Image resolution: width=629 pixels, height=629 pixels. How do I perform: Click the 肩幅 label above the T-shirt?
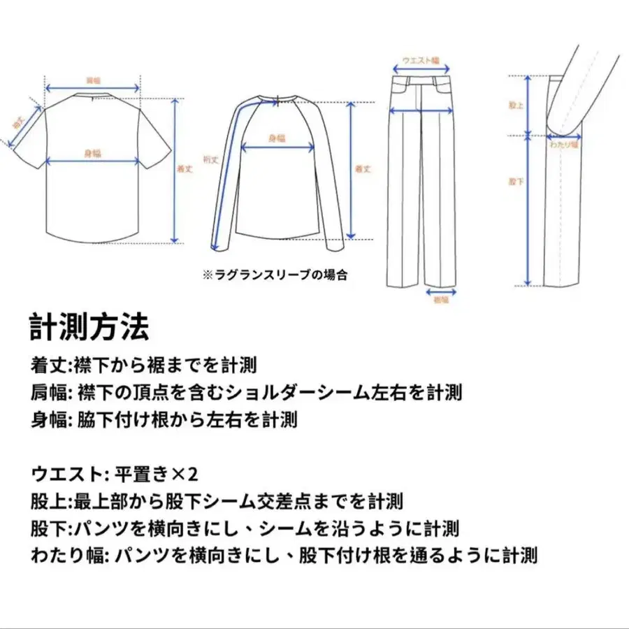(92, 80)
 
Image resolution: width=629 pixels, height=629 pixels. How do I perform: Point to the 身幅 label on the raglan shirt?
(277, 138)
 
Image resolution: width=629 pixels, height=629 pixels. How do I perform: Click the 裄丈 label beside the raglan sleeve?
(211, 159)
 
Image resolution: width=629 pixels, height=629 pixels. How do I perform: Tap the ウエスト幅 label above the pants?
(420, 61)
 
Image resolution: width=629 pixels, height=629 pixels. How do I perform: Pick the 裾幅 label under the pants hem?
(440, 299)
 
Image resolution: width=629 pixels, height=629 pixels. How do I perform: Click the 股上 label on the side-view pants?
(516, 106)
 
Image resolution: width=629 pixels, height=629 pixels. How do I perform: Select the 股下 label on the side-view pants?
(516, 181)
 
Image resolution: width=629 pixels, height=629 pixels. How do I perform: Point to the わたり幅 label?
(564, 145)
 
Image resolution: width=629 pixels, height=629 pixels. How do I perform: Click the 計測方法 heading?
(89, 326)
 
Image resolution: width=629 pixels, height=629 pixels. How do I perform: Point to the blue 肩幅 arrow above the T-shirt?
(92, 89)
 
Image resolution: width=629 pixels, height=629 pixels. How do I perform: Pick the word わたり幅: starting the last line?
(70, 556)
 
